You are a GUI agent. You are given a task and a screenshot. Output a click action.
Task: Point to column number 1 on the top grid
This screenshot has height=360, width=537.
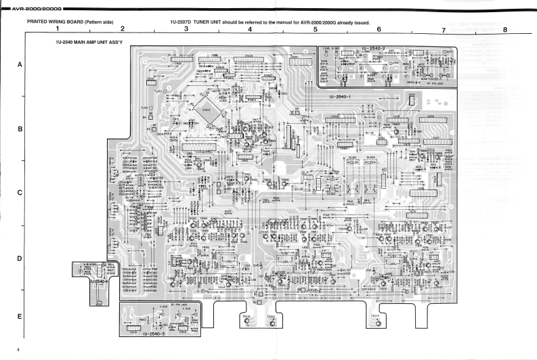tap(58, 29)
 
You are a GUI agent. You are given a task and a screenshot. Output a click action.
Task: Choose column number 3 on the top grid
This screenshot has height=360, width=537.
tap(186, 29)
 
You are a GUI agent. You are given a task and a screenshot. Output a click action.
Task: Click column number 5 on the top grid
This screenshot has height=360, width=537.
tap(315, 29)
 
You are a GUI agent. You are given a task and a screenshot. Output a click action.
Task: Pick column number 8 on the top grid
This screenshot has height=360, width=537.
tap(504, 29)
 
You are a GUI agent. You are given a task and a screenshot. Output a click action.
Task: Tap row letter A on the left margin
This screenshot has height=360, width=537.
tap(20, 64)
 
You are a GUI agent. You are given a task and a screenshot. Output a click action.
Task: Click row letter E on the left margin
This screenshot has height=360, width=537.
tap(20, 317)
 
